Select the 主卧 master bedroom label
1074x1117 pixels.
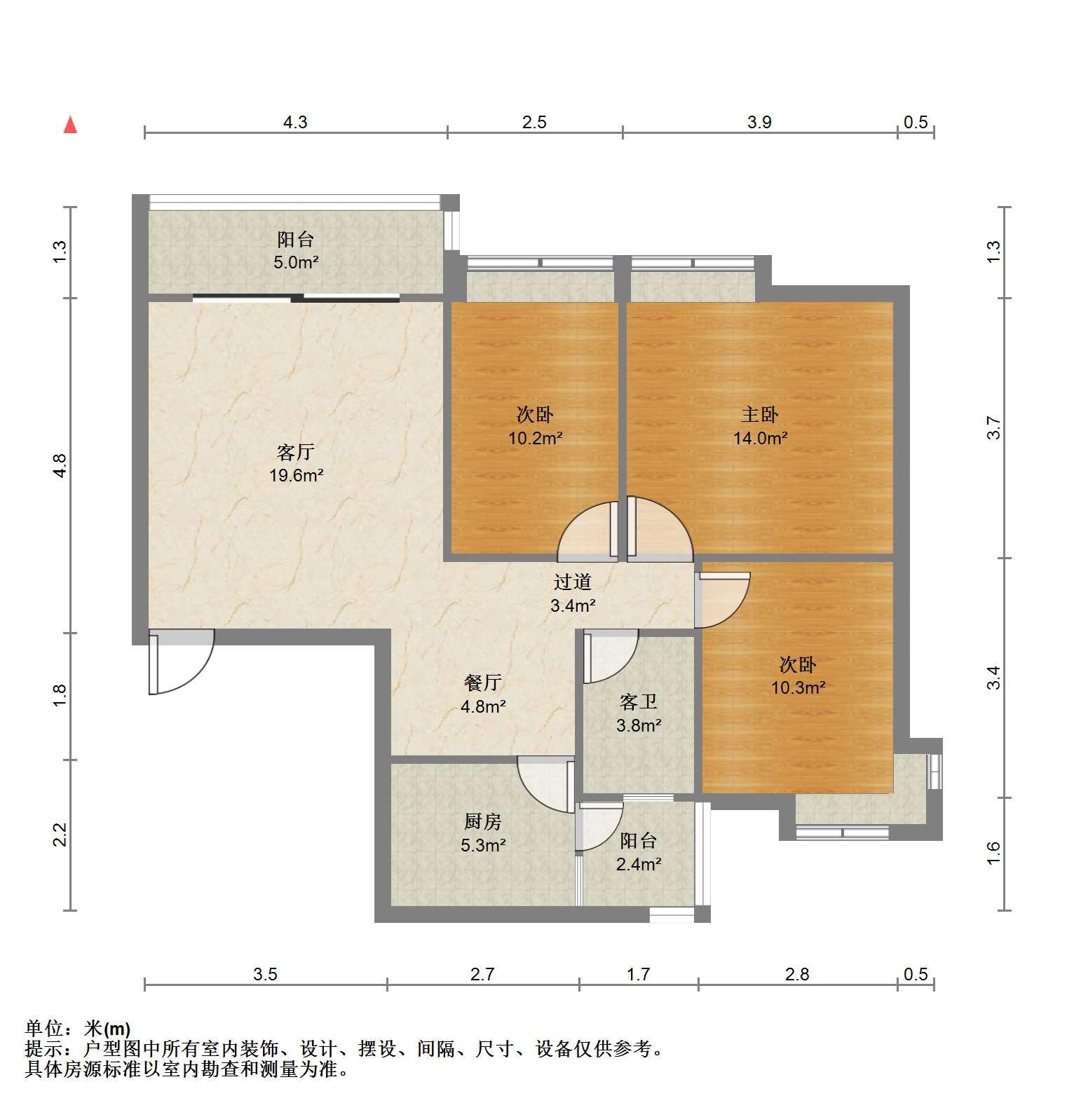[760, 414]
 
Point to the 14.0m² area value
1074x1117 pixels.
[760, 439]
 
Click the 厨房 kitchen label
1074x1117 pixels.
[482, 821]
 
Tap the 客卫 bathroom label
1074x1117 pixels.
[638, 701]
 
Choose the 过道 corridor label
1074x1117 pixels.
[573, 582]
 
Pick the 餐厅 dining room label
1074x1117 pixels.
[483, 682]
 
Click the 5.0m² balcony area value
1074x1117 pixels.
[295, 263]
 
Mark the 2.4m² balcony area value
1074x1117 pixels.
[638, 865]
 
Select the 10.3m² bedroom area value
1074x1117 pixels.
[798, 687]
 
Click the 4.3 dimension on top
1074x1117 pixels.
[295, 123]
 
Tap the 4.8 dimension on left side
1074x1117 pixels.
[60, 466]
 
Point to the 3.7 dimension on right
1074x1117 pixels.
[993, 428]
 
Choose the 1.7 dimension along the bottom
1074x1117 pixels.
[638, 974]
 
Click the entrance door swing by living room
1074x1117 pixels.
[182, 662]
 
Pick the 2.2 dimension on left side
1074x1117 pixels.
[60, 835]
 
